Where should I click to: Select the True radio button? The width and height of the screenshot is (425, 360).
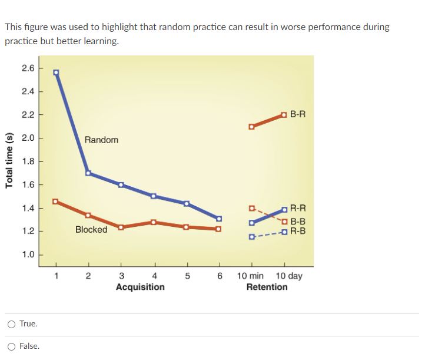(12, 324)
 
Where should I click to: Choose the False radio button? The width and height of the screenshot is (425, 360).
(12, 346)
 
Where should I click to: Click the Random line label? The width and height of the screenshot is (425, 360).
(101, 140)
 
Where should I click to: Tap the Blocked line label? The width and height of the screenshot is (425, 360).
(91, 230)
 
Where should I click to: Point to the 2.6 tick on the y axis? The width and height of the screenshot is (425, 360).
(28, 68)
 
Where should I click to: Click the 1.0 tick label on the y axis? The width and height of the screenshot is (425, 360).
(28, 255)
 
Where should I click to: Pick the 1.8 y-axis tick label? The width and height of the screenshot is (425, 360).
(28, 161)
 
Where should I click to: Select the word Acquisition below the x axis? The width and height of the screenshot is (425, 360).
(140, 287)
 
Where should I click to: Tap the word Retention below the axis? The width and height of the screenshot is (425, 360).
(267, 287)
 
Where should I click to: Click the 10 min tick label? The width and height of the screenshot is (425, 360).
(251, 276)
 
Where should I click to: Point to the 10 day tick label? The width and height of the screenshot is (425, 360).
(288, 276)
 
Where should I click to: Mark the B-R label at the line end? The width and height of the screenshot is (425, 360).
(298, 114)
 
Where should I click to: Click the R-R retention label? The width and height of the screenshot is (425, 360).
(298, 209)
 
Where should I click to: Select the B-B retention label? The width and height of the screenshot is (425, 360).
(298, 222)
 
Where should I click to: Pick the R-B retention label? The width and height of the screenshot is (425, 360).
(298, 231)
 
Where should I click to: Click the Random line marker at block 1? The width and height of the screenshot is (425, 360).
(56, 72)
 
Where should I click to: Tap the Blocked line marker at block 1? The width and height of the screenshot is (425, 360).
(55, 202)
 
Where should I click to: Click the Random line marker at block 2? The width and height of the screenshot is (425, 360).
(88, 173)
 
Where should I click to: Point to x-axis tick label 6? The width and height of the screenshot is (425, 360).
(219, 276)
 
